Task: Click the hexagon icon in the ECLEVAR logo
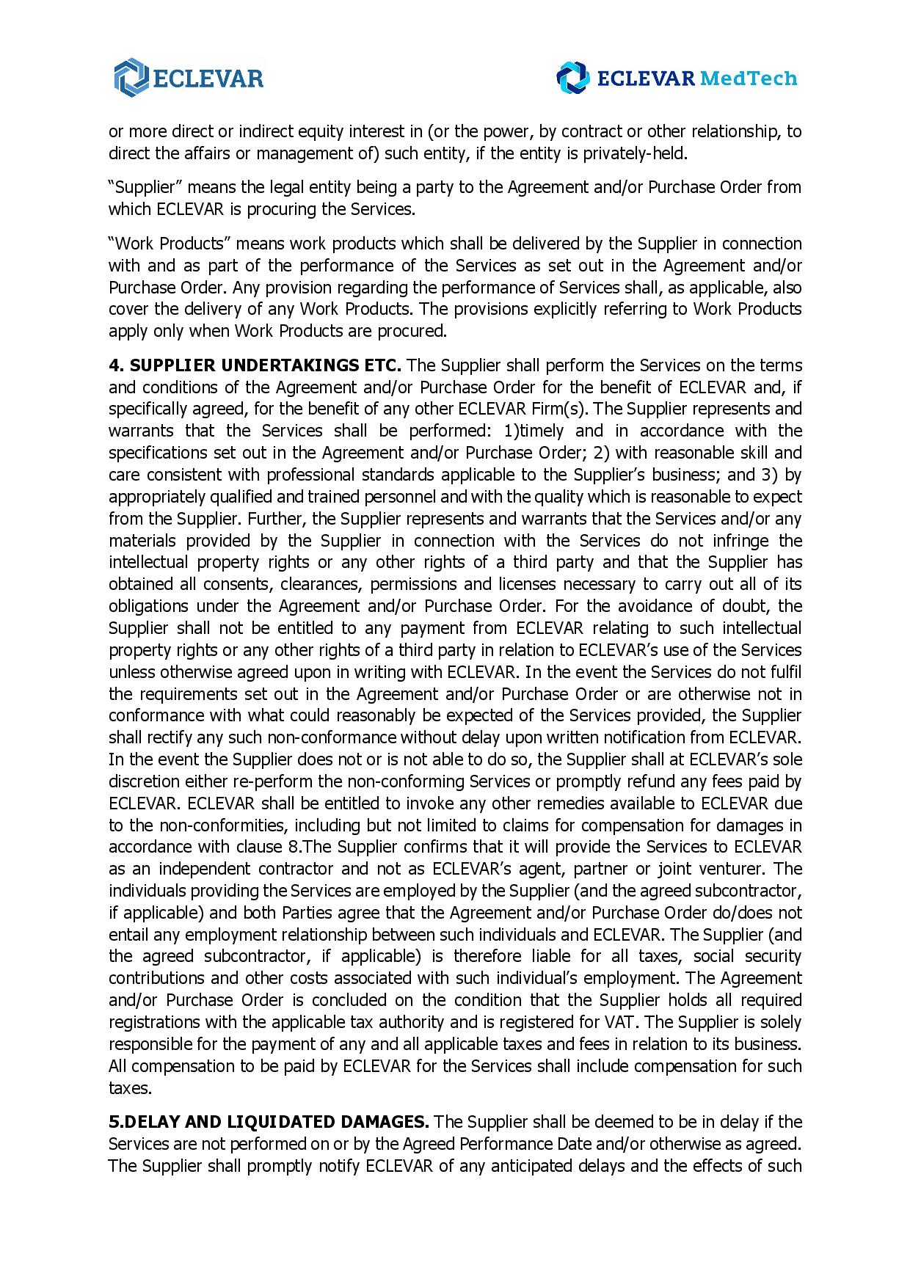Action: (x=131, y=77)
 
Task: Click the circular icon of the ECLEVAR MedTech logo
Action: (x=572, y=78)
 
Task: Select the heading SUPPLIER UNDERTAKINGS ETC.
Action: (x=255, y=365)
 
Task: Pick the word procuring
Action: (x=279, y=209)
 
